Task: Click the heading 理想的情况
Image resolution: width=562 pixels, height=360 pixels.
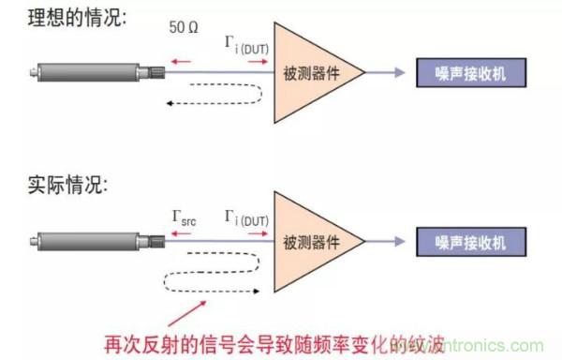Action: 67,18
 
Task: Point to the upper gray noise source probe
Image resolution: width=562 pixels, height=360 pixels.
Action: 89,70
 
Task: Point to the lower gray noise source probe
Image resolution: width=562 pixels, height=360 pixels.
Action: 89,241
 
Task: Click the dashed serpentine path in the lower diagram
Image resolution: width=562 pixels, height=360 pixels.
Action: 211,272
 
